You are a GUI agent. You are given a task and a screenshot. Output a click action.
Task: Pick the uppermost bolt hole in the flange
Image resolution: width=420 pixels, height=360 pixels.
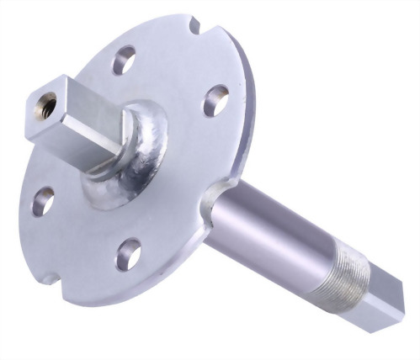tap(124, 61)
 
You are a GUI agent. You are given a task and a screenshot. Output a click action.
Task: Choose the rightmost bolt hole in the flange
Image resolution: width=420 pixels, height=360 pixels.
tap(215, 101)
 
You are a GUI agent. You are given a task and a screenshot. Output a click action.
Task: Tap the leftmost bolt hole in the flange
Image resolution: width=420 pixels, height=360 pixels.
tap(43, 200)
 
